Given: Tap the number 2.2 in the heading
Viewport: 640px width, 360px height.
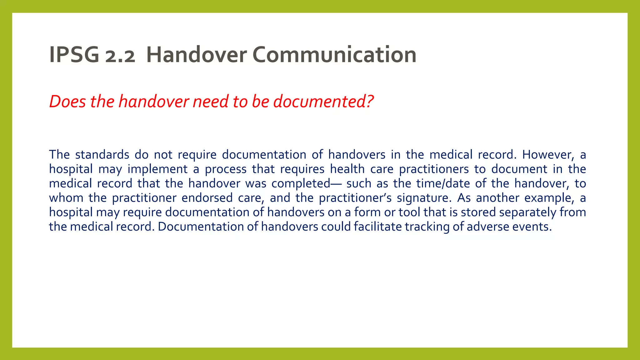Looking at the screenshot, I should [120, 57].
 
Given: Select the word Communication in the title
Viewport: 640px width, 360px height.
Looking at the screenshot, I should [334, 55].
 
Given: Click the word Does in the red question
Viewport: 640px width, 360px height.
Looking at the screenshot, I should [67, 102].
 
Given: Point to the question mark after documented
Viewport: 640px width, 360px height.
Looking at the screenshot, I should [370, 102].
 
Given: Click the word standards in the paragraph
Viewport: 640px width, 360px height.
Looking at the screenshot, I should [102, 155].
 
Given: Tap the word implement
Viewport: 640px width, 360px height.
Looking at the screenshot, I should [157, 169].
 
